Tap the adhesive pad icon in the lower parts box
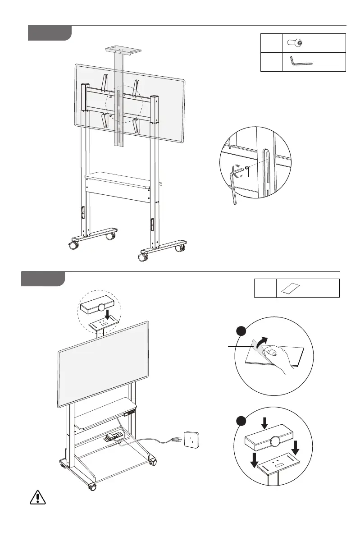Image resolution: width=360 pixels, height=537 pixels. pyautogui.click(x=292, y=288)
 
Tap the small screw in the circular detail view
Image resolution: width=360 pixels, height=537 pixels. pyautogui.click(x=247, y=169)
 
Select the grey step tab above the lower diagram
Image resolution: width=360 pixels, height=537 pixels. pyautogui.click(x=43, y=278)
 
